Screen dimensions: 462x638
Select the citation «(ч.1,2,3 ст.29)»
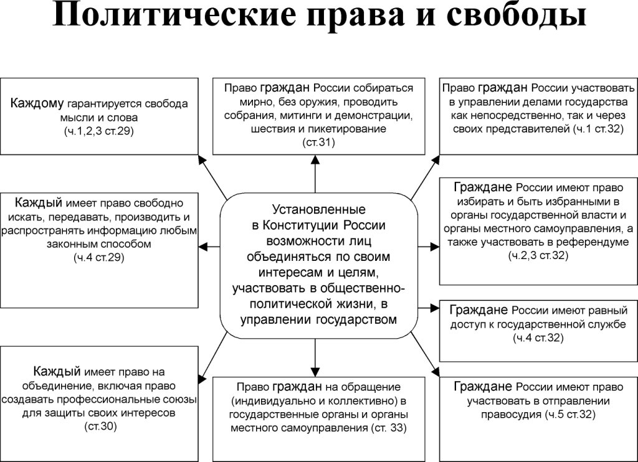[99, 131]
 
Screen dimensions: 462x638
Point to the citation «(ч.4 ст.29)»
[99, 257]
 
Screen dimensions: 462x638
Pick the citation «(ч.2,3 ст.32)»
[539, 255]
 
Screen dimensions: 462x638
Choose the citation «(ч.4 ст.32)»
[539, 338]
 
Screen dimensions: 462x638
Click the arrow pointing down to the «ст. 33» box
[315, 359]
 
